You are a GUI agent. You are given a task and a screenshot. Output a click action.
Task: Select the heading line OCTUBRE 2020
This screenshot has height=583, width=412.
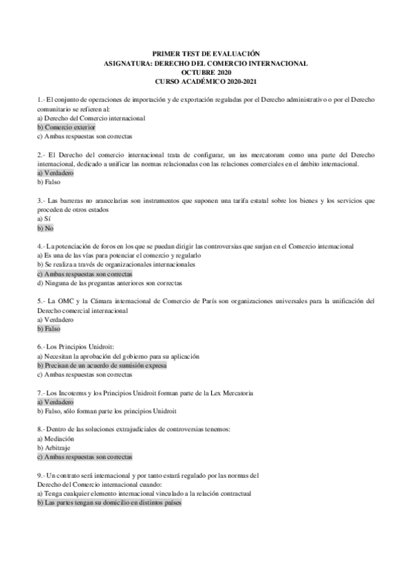point(206,72)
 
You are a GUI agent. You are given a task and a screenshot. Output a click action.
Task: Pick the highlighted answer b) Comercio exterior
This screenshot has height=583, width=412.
point(66,127)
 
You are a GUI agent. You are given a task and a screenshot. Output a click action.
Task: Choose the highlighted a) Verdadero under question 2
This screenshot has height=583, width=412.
point(56,173)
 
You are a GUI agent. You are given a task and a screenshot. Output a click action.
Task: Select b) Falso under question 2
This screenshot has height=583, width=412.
point(49,182)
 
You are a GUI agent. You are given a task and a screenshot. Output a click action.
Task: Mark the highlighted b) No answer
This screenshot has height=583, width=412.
point(45,228)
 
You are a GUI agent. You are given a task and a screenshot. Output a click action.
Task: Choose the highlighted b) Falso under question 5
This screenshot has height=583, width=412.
point(49,328)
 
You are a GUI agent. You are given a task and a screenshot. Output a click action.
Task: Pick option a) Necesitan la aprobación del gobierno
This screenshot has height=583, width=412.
point(118,356)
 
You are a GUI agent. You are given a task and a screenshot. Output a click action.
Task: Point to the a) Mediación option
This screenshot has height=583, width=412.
point(56,438)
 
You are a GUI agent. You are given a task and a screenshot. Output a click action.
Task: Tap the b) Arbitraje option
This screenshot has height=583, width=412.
point(54,447)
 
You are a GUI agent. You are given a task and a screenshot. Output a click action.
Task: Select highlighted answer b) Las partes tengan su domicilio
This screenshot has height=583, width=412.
point(109,502)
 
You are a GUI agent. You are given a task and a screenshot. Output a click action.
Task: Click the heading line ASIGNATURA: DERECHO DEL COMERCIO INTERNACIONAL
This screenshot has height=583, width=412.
point(206,63)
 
